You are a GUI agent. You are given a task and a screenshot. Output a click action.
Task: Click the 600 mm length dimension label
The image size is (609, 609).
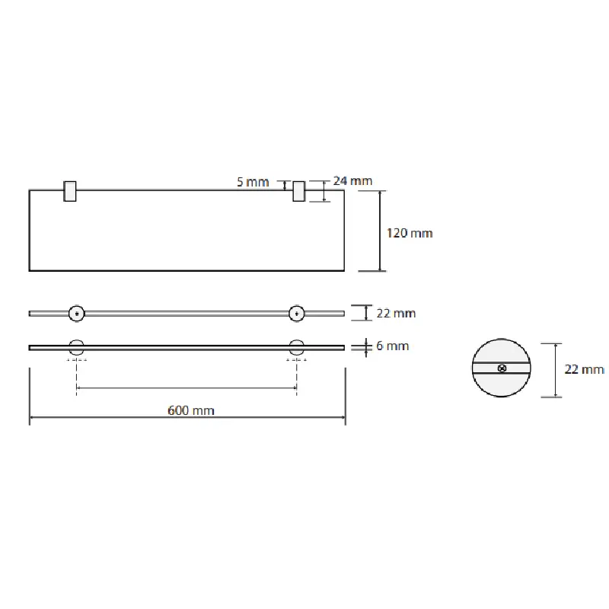191,410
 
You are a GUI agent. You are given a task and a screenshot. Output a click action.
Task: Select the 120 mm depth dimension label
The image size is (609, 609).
410,233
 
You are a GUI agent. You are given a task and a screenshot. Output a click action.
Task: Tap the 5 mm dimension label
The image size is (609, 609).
253,182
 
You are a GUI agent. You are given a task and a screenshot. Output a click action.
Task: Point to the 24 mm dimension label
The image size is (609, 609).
352,181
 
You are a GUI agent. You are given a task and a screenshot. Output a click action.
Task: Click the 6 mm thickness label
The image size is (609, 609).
392,346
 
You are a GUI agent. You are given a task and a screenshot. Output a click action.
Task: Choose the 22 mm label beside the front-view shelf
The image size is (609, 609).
396,313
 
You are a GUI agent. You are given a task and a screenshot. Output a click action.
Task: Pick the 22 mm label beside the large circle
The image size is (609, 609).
585,369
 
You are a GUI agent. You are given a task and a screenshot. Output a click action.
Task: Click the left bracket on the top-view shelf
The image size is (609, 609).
70,191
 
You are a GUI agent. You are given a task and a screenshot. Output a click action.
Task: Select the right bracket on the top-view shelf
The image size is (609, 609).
298,191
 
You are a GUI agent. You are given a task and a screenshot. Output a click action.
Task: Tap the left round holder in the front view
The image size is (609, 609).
77,314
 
